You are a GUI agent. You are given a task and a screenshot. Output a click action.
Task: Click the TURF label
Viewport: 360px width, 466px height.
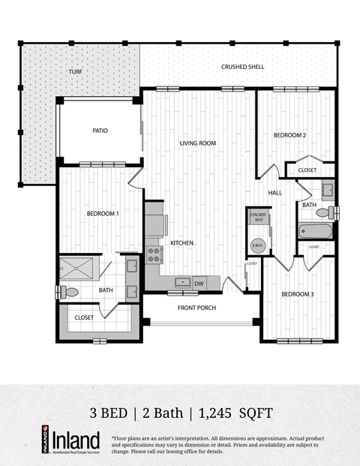(x=76, y=72)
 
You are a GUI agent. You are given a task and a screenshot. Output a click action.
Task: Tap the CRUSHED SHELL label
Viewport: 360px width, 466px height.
(x=242, y=67)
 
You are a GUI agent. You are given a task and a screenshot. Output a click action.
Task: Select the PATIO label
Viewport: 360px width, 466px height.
(x=100, y=131)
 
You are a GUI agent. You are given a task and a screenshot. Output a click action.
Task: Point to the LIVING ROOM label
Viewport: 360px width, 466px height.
(x=198, y=143)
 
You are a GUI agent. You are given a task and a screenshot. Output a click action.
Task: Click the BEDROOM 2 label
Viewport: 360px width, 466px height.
(x=289, y=135)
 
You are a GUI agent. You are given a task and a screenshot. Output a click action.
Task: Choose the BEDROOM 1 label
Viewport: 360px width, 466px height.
(x=103, y=214)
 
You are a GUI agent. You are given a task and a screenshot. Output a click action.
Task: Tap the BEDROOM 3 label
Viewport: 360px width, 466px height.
(x=297, y=293)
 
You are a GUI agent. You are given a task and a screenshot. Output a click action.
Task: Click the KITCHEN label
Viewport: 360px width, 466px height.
(x=183, y=243)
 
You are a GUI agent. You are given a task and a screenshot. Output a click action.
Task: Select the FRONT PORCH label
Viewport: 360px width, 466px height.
(x=196, y=308)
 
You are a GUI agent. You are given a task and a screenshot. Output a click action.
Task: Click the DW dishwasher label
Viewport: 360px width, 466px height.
(x=199, y=284)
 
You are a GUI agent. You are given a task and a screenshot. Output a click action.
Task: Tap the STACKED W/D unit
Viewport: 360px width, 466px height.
(x=259, y=218)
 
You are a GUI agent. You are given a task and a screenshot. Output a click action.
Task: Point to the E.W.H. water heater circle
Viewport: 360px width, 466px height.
(x=256, y=245)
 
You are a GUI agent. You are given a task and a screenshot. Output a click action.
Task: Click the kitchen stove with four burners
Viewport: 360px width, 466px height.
(x=154, y=254)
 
